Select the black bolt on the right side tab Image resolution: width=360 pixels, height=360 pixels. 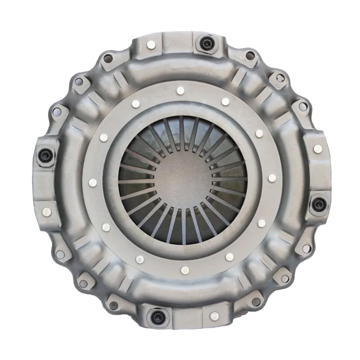317,205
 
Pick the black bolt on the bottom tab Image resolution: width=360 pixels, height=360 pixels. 157,316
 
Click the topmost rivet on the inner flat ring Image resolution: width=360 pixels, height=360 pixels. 180,91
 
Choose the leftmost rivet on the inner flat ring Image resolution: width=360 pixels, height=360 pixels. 93,182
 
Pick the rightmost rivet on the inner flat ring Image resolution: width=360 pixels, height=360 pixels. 272,178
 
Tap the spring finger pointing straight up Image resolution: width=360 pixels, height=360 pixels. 181,132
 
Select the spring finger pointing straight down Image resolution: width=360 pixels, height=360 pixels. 184,228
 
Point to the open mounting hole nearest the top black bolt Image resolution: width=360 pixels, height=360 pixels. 250,55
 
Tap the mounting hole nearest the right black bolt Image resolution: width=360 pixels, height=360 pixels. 306,248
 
